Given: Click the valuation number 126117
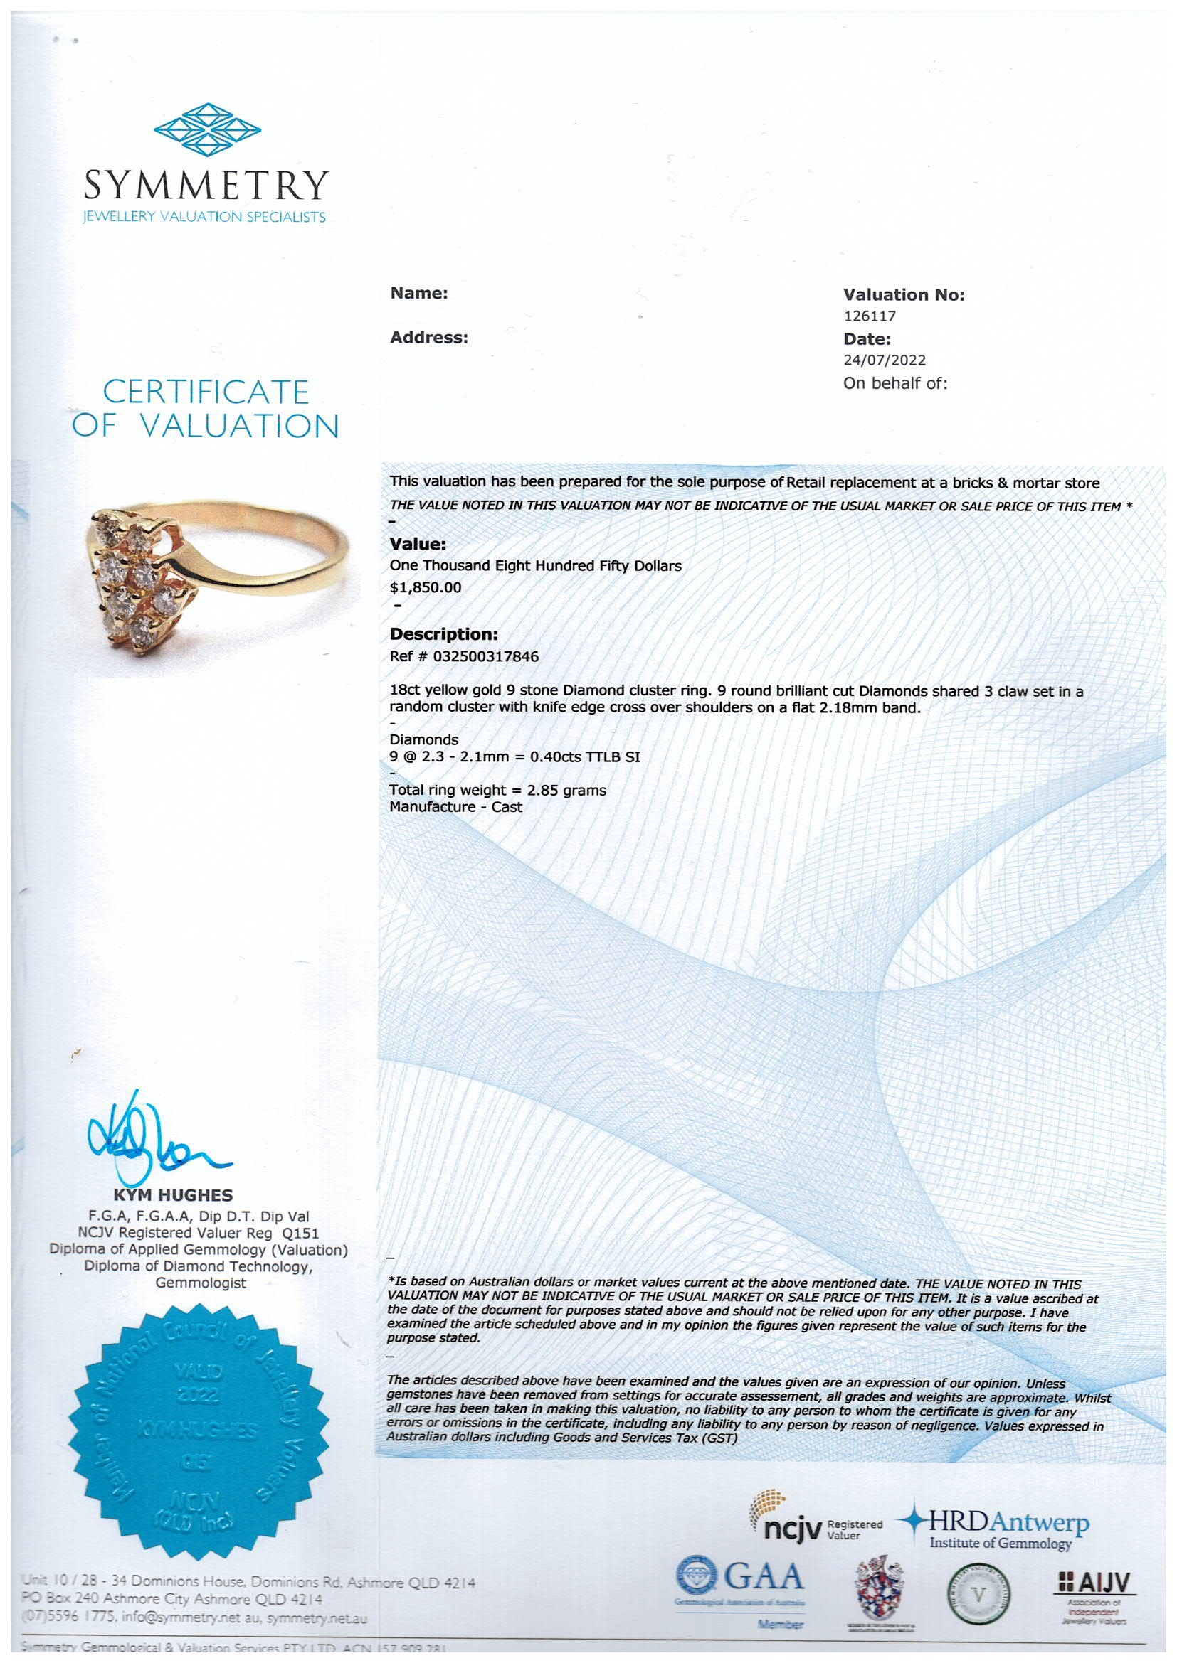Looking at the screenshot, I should click(x=869, y=316).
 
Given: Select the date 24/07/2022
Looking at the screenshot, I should click(x=885, y=360).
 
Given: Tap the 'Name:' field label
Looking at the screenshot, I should click(x=419, y=294).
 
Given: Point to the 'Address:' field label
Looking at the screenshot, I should click(x=429, y=338).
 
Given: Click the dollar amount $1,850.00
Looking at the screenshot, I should click(x=426, y=587).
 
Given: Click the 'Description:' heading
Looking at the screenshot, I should click(x=443, y=634).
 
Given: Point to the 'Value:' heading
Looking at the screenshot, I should click(x=418, y=544).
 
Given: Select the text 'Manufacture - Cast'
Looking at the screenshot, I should click(x=455, y=807).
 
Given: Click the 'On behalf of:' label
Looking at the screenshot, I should click(x=894, y=383).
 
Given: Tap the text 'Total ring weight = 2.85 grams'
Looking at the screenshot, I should click(x=497, y=790).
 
